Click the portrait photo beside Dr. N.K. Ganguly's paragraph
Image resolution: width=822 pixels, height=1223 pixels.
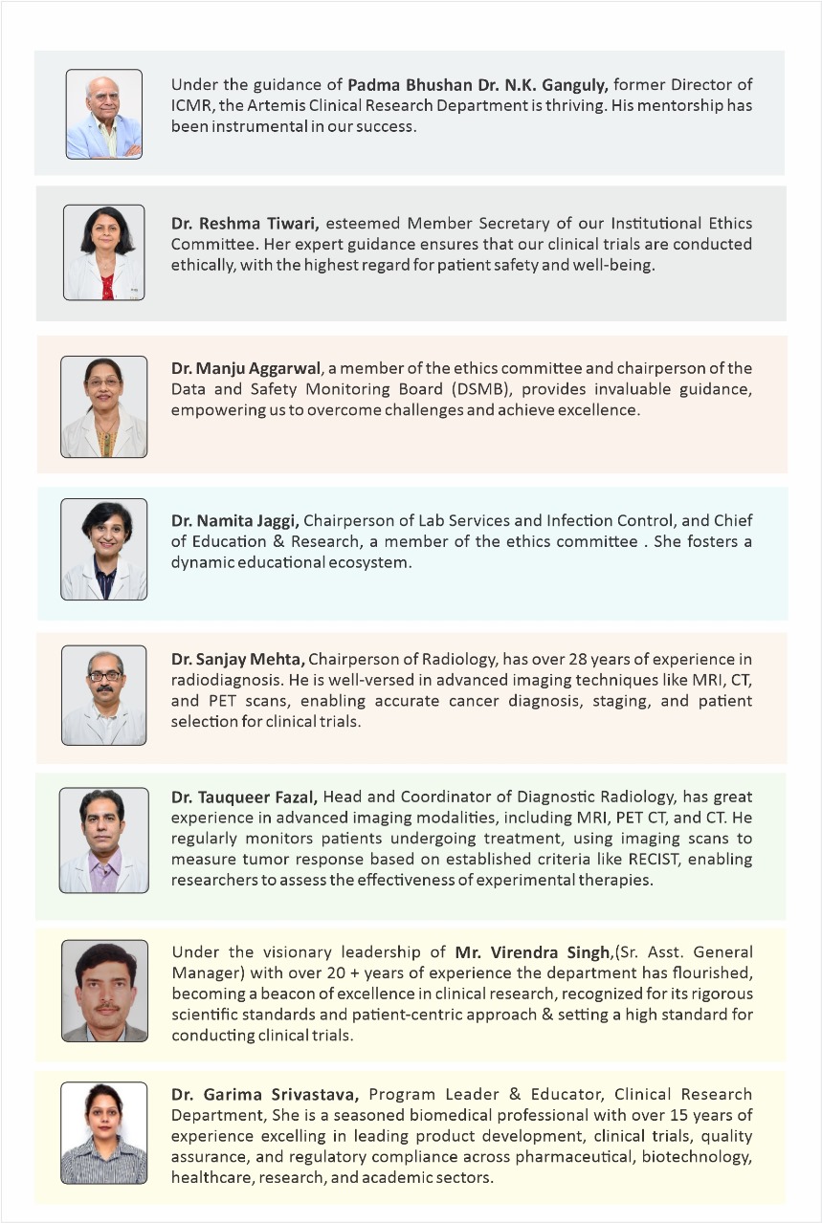[x=103, y=114]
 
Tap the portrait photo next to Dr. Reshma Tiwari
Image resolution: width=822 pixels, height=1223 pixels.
[x=103, y=252]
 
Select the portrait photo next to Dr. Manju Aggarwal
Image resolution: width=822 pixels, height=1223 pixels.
[x=103, y=406]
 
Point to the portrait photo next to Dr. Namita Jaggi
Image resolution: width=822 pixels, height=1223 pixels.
[x=103, y=549]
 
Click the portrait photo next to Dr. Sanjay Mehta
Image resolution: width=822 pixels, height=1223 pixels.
[x=103, y=695]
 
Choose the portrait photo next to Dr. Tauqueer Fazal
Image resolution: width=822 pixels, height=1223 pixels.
[x=103, y=840]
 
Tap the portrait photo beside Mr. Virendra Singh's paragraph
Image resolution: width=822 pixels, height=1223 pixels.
[x=104, y=991]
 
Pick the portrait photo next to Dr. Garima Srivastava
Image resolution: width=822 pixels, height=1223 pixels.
[x=103, y=1133]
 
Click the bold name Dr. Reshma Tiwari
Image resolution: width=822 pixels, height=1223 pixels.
[x=245, y=224]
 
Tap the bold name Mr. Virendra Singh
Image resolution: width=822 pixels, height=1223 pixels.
[x=532, y=952]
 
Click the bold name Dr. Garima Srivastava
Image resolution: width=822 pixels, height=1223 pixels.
[x=266, y=1094]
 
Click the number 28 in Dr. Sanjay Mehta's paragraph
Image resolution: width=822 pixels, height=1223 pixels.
[x=609, y=659]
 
